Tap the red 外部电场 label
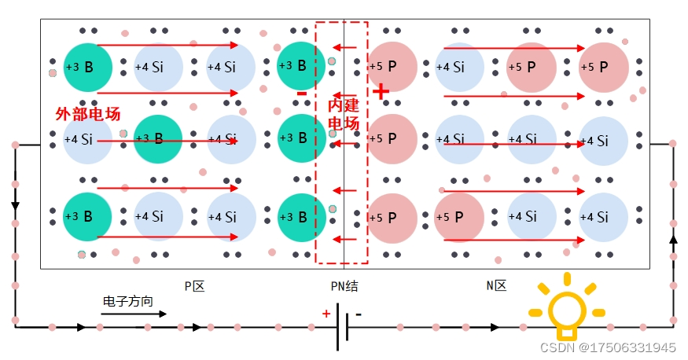point(87,115)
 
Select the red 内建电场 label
point(343,115)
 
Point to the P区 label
point(194,287)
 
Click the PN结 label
point(344,287)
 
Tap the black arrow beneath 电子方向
point(134,314)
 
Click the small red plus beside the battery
point(326,314)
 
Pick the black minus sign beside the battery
point(359,314)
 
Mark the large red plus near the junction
point(381,92)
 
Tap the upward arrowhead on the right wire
point(672,237)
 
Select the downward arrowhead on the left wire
point(14,205)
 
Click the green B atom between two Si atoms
point(158,139)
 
